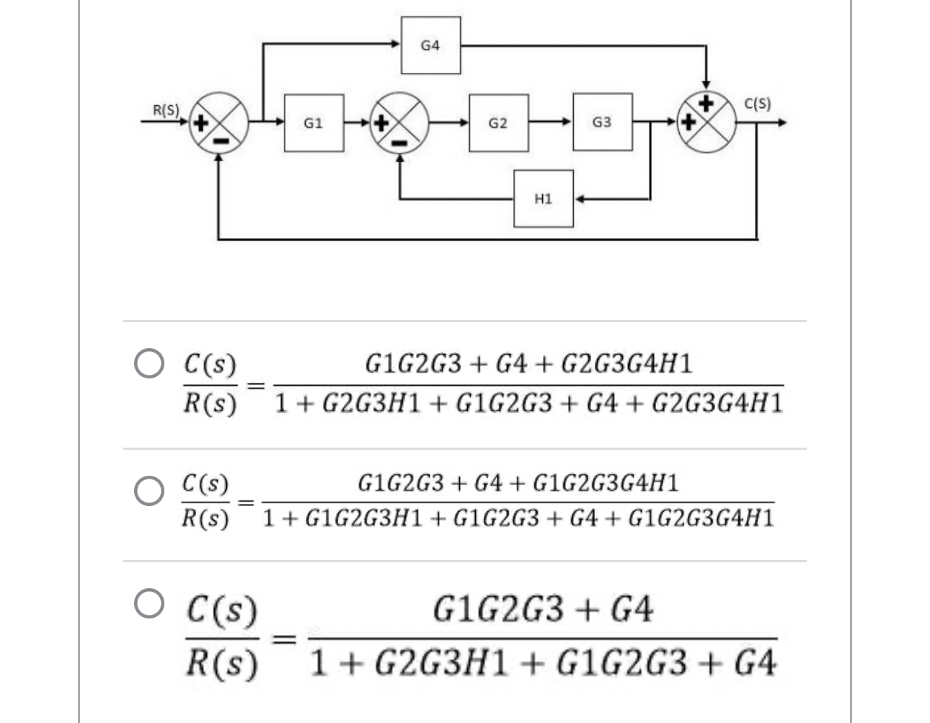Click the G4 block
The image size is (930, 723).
point(430,45)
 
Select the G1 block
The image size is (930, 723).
point(314,123)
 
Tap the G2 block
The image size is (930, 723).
point(498,123)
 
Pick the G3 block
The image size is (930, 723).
point(602,122)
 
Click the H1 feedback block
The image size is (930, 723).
point(544,198)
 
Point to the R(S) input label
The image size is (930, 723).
point(166,110)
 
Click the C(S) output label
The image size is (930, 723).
point(757,103)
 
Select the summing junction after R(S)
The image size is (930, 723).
point(219,123)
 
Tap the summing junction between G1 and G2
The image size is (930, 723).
point(399,123)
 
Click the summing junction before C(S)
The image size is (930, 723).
point(707,122)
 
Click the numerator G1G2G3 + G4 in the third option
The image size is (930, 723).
point(543,610)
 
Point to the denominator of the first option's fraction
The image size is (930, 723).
point(529,403)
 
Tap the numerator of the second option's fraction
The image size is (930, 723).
point(518,483)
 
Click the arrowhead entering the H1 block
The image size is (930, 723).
point(579,198)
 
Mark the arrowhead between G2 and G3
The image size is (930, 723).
point(567,123)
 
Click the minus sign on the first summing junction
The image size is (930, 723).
point(219,140)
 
